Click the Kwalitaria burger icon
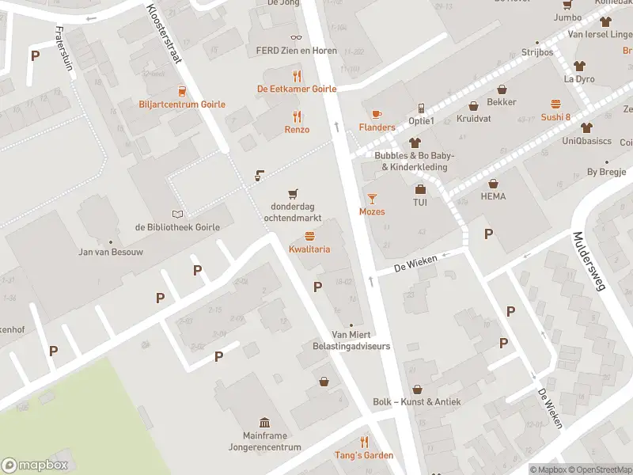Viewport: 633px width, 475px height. [309, 237]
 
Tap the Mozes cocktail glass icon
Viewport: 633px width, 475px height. [372, 198]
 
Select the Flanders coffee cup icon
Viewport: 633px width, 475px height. [376, 114]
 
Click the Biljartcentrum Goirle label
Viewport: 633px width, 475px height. [182, 104]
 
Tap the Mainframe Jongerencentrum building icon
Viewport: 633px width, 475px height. [263, 422]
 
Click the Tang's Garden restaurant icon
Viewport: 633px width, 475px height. [365, 442]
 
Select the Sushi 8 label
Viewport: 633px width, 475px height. [555, 117]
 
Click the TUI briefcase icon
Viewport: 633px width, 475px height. [420, 189]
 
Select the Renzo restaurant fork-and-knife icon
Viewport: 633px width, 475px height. [298, 116]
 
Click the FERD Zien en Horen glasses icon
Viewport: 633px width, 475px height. [297, 36]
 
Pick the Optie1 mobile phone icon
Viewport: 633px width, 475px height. [421, 108]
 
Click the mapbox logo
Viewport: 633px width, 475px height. [35, 465]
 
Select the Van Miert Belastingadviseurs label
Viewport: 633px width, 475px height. [361, 340]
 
